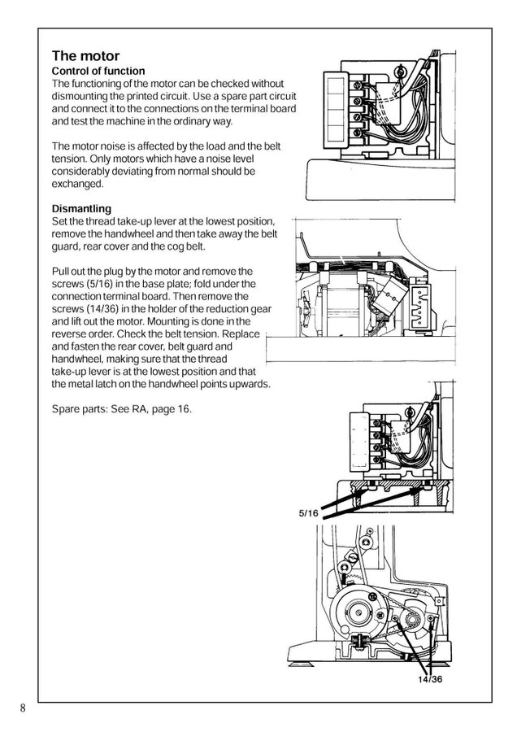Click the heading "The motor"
pos(85,56)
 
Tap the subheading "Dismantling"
pos(81,208)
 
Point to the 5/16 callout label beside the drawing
pos(309,513)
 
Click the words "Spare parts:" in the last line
pos(80,408)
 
